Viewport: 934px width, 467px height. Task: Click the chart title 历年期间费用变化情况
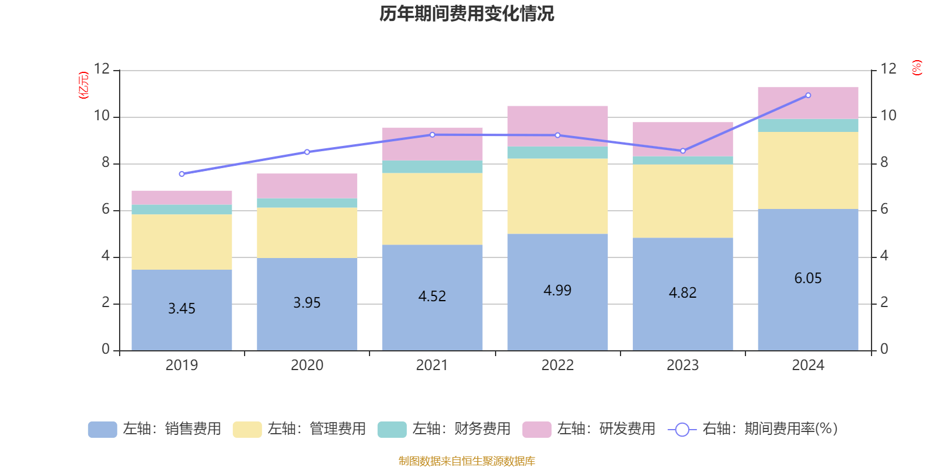[466, 13]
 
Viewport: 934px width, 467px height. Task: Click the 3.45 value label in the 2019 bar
[182, 309]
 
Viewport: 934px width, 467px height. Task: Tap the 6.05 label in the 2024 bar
[808, 278]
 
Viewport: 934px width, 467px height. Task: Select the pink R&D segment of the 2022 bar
[557, 126]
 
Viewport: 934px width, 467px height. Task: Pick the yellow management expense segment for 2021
[432, 209]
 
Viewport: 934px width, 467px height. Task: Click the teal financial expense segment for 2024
[808, 126]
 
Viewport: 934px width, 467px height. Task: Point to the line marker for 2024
[808, 95]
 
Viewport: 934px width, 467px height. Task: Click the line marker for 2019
[182, 174]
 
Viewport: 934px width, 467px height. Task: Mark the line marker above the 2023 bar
[683, 151]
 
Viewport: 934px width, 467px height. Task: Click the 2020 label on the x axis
[307, 365]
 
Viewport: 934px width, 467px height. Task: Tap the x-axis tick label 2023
[683, 365]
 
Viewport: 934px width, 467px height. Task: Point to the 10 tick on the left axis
[102, 116]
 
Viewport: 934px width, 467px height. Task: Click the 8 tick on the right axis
[884, 163]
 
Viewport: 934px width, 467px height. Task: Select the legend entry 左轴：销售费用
[155, 429]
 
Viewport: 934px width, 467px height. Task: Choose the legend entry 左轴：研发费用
[589, 429]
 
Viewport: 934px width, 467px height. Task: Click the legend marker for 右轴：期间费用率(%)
[682, 430]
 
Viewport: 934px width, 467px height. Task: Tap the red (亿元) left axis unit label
[83, 85]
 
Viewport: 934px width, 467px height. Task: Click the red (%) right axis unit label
[916, 68]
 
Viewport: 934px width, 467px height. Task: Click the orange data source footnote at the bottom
[466, 461]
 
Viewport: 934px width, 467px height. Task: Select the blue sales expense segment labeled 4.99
[557, 315]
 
